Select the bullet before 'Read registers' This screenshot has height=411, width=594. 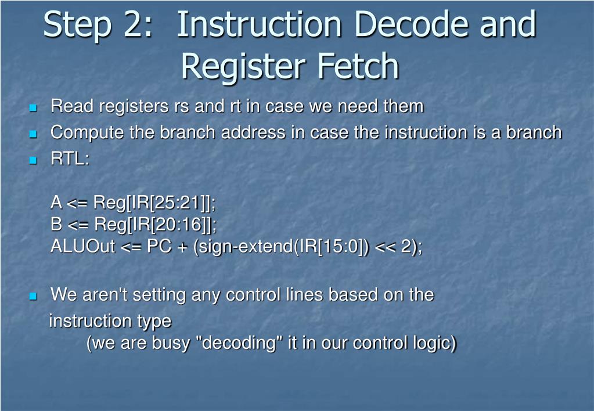pyautogui.click(x=33, y=108)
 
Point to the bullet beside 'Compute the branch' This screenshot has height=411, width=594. pyautogui.click(x=33, y=134)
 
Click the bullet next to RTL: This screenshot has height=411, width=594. pyautogui.click(x=33, y=160)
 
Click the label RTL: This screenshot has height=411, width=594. pyautogui.click(x=70, y=159)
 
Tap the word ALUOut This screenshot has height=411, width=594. pyautogui.click(x=83, y=247)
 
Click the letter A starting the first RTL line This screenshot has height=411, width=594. pyautogui.click(x=56, y=203)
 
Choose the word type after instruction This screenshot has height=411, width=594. pyautogui.click(x=154, y=321)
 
